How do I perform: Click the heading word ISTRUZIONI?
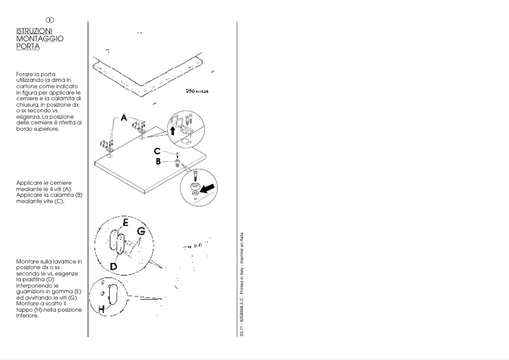click(x=35, y=30)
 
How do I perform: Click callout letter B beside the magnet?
click(x=159, y=161)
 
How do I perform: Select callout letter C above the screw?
click(x=157, y=151)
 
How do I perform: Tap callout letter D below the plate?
click(x=114, y=266)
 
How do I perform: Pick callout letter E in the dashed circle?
click(x=125, y=223)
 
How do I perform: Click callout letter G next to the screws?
click(x=141, y=232)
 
